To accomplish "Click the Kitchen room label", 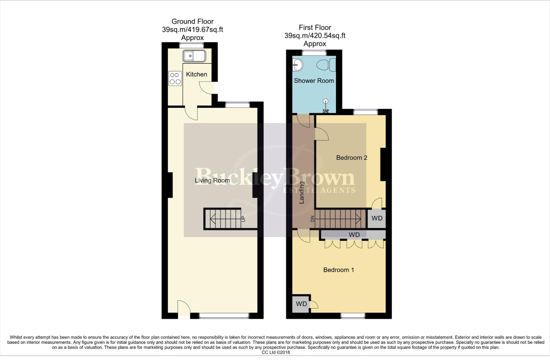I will (196, 74).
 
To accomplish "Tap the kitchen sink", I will (194, 56).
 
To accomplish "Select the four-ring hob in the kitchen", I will (175, 78).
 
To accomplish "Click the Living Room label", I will (212, 180).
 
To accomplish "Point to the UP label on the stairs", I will (243, 219).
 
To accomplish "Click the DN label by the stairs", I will (313, 219).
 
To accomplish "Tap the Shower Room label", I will (314, 81).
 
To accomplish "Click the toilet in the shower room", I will (327, 64).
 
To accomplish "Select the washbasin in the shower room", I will (297, 65).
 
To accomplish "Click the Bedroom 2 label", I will (352, 158).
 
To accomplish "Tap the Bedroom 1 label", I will (339, 270).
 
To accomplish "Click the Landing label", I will (302, 192).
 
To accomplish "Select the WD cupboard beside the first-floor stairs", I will (377, 218).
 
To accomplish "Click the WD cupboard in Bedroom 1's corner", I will (301, 304).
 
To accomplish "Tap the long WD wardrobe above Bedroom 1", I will (354, 235).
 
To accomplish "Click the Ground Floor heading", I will (192, 22).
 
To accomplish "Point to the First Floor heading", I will (315, 28).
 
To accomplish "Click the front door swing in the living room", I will (183, 307).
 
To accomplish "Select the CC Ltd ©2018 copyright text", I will (276, 352).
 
